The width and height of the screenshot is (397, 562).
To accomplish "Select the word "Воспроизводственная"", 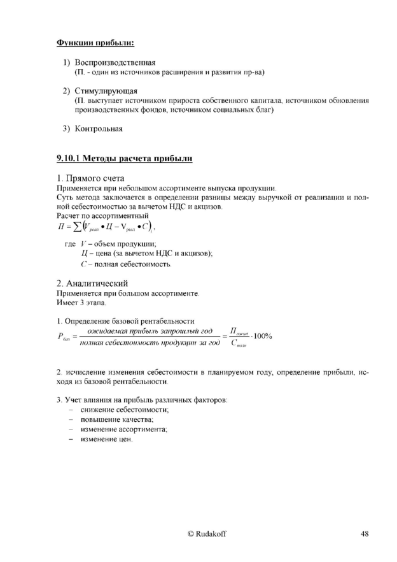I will pyautogui.click(x=115, y=63).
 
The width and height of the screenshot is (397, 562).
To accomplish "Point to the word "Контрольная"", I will pyautogui.click(x=102, y=129).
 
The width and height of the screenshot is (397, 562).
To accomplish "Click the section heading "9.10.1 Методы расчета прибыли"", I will pyautogui.click(x=123, y=157).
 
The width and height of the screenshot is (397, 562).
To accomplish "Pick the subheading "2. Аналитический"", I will pyautogui.click(x=92, y=282).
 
